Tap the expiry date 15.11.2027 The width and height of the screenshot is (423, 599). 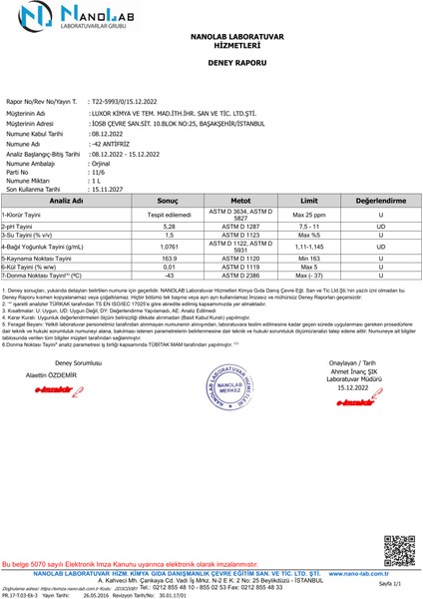click(112, 188)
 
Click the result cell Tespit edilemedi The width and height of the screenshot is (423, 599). click(169, 215)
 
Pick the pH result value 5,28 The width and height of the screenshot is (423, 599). click(169, 228)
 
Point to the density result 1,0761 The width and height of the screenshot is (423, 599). click(169, 246)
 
